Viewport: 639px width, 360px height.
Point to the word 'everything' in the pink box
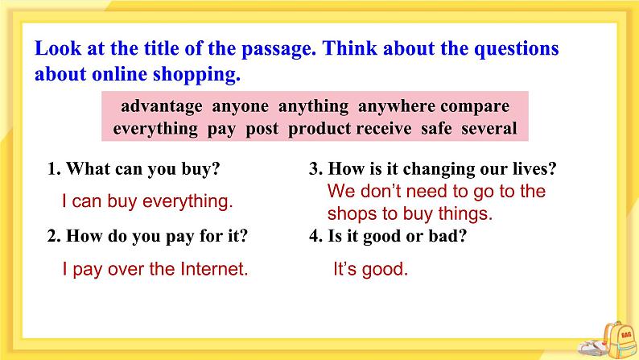click(x=155, y=129)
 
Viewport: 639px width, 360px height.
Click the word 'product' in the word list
click(x=319, y=129)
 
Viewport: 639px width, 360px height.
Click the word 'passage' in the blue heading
click(x=264, y=48)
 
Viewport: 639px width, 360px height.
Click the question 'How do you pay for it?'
click(x=147, y=236)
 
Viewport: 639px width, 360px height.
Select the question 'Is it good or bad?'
click(x=388, y=236)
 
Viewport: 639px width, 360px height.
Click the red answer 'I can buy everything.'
click(x=147, y=202)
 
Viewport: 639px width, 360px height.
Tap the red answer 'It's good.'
click(x=371, y=270)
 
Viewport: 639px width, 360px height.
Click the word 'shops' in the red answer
click(x=349, y=214)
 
